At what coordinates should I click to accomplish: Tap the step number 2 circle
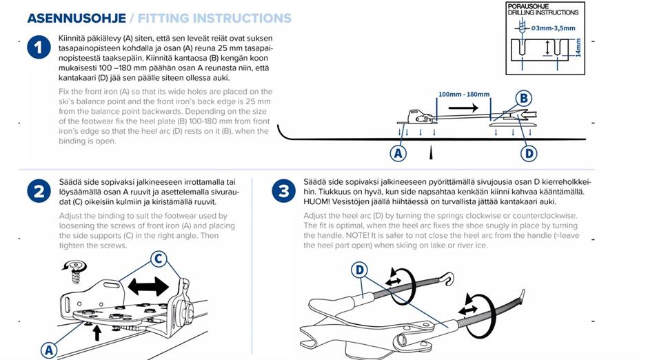39,191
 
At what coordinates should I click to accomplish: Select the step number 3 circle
283,191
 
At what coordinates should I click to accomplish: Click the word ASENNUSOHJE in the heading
75,19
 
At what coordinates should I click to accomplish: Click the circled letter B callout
524,99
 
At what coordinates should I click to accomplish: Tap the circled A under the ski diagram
398,153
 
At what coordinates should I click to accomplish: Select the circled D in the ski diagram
529,153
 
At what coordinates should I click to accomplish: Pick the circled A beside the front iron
48,350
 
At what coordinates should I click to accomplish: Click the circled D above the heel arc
359,270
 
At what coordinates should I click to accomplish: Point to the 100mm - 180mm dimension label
464,94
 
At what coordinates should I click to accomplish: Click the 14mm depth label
578,47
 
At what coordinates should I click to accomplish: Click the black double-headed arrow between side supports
148,286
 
